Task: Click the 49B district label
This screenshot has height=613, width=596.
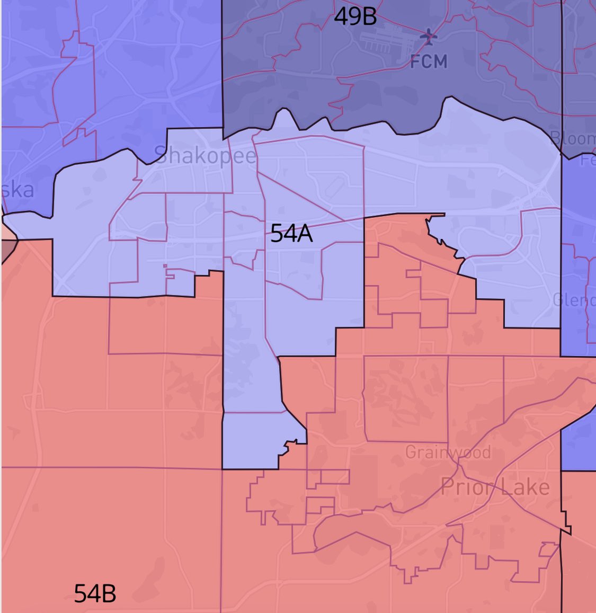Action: [x=355, y=17]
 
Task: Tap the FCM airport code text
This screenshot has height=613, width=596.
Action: [x=429, y=61]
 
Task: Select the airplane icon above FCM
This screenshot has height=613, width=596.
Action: [x=429, y=37]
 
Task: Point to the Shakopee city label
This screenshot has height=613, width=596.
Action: [x=205, y=155]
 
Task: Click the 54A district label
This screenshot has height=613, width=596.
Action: [x=291, y=233]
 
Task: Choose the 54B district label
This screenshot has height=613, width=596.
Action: [x=95, y=593]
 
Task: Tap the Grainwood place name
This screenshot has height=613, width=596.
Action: [x=448, y=452]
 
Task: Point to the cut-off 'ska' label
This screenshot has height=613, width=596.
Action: [x=17, y=190]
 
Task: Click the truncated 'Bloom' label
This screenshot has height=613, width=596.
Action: [x=573, y=139]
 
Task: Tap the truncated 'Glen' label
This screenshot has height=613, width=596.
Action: [x=574, y=300]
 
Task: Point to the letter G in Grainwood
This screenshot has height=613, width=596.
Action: [x=411, y=452]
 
